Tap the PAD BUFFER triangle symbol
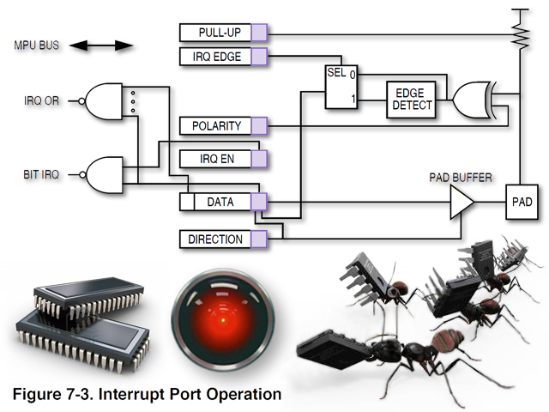click(462, 203)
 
